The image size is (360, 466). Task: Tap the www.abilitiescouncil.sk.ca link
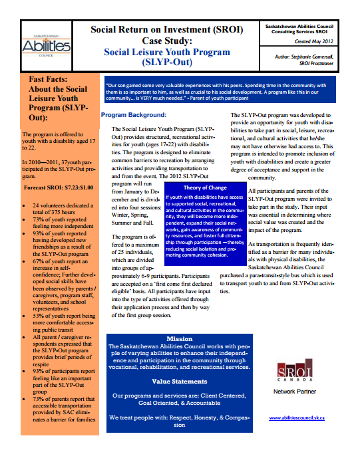[297, 417]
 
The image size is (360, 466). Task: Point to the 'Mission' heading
[179, 338]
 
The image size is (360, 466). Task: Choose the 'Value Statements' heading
[179, 382]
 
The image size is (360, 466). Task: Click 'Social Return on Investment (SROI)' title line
[166, 29]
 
